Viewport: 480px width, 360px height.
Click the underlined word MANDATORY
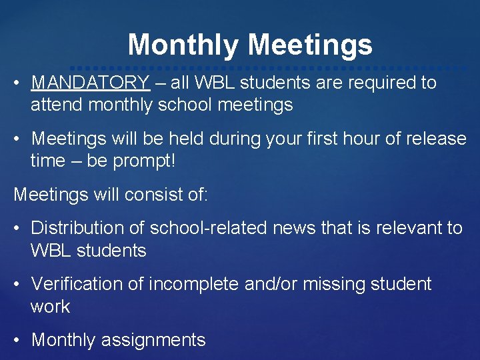tap(90, 83)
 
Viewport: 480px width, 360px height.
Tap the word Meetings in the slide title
tap(310, 45)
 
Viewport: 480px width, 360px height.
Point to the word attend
tap(57, 105)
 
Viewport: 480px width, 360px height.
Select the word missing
tap(331, 284)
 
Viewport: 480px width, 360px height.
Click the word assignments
tap(153, 340)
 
